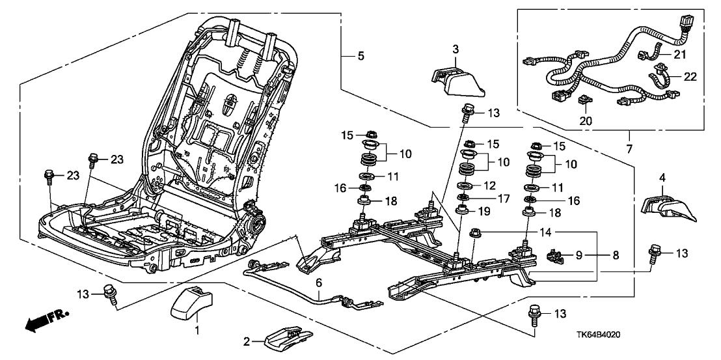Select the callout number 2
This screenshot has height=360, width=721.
[247, 341]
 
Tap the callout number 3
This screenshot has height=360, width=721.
[456, 49]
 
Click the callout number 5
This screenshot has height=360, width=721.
[360, 56]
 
